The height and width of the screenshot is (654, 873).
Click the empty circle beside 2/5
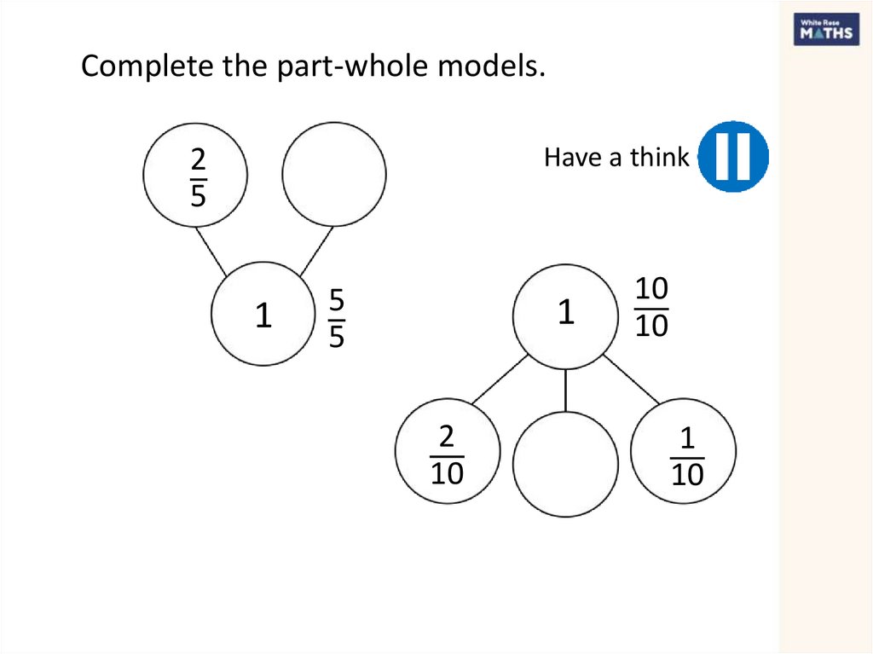click(x=333, y=174)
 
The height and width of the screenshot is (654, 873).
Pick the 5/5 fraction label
click(x=337, y=319)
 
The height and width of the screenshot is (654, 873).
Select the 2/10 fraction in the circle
click(x=446, y=456)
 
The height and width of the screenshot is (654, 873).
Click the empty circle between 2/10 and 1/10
click(x=565, y=465)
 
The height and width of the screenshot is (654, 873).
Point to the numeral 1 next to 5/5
click(x=264, y=317)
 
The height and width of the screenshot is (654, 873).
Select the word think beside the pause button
click(x=659, y=158)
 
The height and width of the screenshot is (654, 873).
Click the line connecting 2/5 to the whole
click(x=211, y=251)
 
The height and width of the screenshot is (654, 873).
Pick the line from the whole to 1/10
click(x=632, y=379)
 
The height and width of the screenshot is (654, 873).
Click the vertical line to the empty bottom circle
click(x=566, y=391)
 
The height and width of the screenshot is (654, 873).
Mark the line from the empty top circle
click(x=316, y=251)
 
